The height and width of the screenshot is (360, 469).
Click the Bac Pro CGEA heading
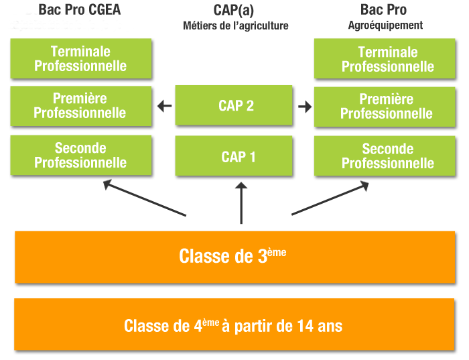click(80, 10)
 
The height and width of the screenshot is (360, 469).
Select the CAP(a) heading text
click(235, 10)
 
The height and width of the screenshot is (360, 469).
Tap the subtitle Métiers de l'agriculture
click(235, 26)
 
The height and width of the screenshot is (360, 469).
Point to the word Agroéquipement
click(385, 25)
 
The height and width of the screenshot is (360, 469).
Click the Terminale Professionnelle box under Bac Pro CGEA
click(80, 58)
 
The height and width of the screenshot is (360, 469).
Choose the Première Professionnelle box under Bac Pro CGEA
click(80, 105)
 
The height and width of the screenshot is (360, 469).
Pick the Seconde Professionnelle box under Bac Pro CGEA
click(80, 155)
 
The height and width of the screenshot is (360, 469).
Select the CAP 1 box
click(235, 156)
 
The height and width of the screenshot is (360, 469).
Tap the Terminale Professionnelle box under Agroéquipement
click(387, 59)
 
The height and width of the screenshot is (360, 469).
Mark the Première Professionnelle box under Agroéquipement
click(387, 106)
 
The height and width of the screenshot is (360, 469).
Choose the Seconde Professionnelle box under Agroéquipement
click(387, 156)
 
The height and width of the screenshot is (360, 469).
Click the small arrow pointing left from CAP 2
click(164, 105)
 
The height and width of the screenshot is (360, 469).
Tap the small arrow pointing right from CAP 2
click(305, 107)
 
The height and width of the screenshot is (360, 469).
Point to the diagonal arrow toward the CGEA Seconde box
click(144, 198)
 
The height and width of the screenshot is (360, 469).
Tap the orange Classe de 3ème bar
click(234, 257)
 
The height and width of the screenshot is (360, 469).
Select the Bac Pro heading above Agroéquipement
click(383, 10)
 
